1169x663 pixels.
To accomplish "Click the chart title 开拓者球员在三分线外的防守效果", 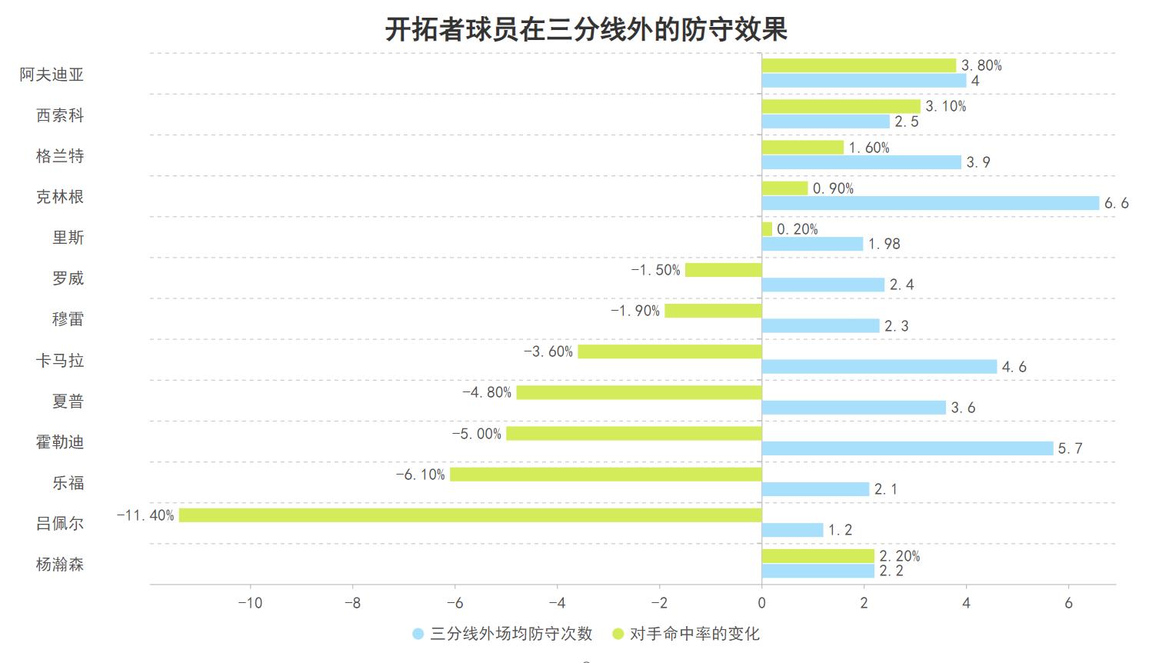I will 585,30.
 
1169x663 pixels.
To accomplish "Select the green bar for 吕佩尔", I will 470,515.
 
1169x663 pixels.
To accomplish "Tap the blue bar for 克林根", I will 931,203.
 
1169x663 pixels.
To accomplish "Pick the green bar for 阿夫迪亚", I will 858,65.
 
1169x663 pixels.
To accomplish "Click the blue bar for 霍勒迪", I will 908,448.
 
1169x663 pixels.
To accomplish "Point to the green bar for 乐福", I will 606,475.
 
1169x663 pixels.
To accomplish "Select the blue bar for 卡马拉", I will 879,367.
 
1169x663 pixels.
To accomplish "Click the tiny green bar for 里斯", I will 767,229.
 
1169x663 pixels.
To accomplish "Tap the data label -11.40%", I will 145,515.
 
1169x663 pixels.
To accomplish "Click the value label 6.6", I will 1116,203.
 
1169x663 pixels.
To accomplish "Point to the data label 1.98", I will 884,244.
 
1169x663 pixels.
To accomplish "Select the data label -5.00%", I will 477,434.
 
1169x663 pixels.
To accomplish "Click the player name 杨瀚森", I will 60,565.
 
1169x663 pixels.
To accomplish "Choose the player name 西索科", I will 60,115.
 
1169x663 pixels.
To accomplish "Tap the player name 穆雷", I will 68,319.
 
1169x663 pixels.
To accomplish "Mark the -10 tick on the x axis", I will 250,603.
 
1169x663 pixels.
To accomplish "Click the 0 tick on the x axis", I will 761,603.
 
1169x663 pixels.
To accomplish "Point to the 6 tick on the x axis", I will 1068,603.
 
